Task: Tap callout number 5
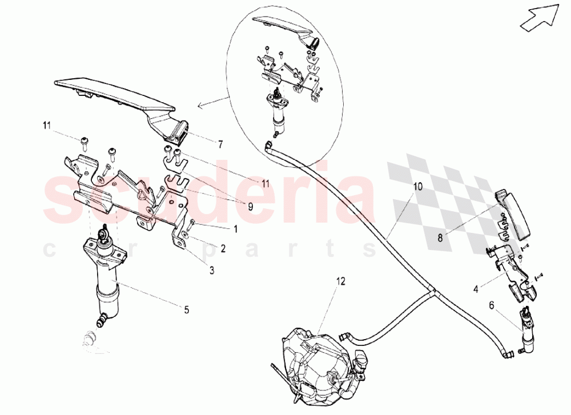186,310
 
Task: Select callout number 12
341,281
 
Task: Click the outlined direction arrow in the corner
539,16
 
